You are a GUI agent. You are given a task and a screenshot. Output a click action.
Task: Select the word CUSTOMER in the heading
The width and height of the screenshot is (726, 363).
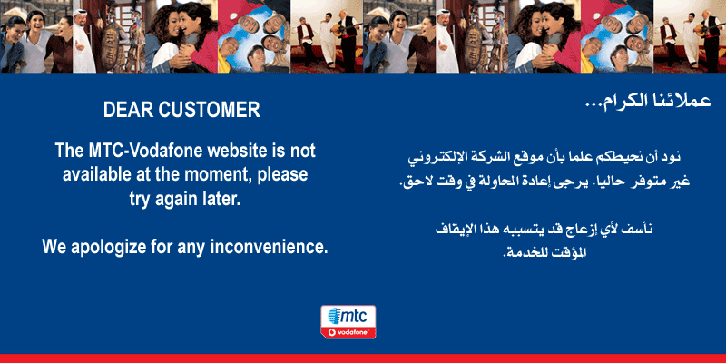pyautogui.click(x=210, y=110)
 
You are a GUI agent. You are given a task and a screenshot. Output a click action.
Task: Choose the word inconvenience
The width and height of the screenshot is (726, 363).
pyautogui.click(x=269, y=246)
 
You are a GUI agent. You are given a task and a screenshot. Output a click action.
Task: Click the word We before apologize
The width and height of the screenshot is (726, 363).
pyautogui.click(x=54, y=246)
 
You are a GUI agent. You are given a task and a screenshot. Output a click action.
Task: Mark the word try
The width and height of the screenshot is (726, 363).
pyautogui.click(x=140, y=200)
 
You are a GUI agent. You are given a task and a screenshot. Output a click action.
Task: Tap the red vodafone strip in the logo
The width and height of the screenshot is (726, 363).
pyautogui.click(x=348, y=332)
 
